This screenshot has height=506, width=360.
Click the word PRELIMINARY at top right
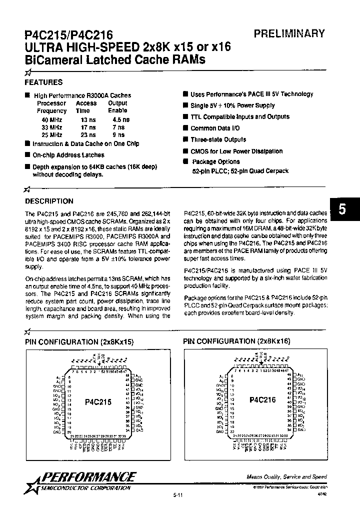[x=289, y=34]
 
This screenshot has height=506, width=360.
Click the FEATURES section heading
[x=44, y=82]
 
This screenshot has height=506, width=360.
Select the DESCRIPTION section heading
[x=49, y=201]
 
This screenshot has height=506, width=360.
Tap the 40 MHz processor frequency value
[x=51, y=120]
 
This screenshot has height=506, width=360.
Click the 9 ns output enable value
[x=119, y=135]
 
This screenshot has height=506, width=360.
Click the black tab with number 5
[x=342, y=209]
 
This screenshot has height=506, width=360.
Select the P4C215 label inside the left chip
[x=97, y=401]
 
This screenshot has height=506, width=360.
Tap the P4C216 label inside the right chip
[x=262, y=400]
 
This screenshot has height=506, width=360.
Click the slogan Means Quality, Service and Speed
[x=286, y=477]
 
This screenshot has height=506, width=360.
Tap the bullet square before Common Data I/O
[x=185, y=128]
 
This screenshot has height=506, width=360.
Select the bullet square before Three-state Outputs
[x=185, y=140]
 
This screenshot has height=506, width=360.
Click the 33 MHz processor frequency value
[x=51, y=127]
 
